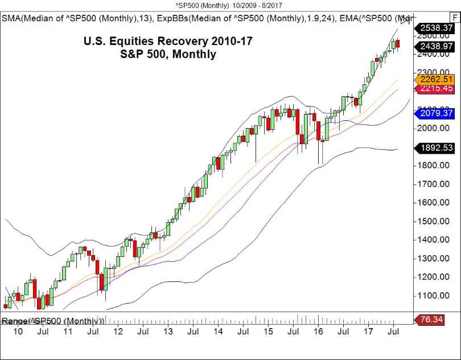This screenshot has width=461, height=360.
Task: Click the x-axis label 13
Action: pyautogui.click(x=168, y=331)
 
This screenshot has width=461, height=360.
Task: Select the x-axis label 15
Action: pyautogui.click(x=269, y=331)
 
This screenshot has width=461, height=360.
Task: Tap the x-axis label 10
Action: pyautogui.click(x=18, y=331)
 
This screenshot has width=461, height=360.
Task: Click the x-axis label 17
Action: pyautogui.click(x=369, y=331)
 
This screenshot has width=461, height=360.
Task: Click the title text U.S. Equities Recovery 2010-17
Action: pyautogui.click(x=167, y=42)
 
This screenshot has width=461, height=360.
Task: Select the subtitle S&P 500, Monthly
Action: pyautogui.click(x=168, y=55)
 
